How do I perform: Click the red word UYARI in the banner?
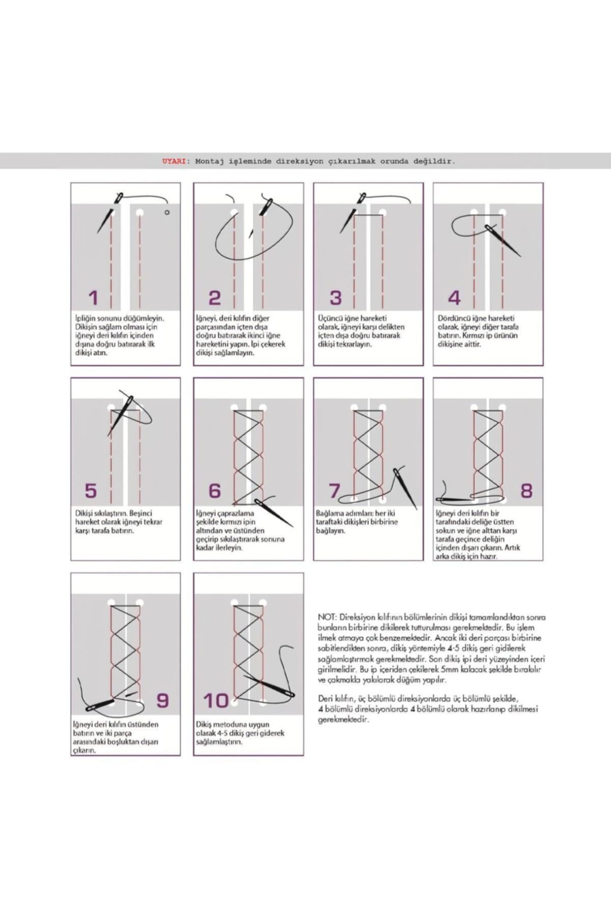(x=174, y=161)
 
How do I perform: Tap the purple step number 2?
(x=215, y=298)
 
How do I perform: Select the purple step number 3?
(x=336, y=298)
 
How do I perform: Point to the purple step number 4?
(x=454, y=298)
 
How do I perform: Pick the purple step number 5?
(x=91, y=491)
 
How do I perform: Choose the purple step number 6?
(x=215, y=491)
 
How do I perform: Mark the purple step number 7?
(x=335, y=491)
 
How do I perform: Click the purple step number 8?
(x=526, y=491)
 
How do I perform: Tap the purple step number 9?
(x=162, y=701)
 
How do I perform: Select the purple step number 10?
(x=216, y=701)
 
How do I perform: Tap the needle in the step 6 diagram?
(x=275, y=513)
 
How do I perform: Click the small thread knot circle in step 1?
(x=166, y=212)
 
